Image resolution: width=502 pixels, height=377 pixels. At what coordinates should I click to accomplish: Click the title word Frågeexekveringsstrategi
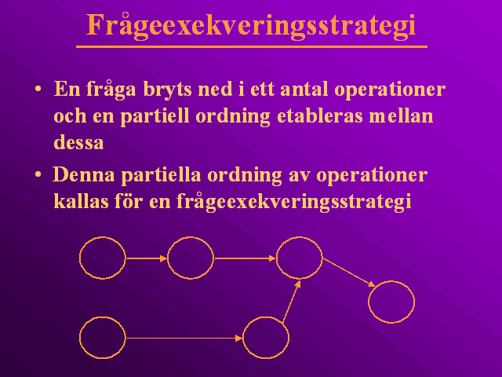(x=251, y=26)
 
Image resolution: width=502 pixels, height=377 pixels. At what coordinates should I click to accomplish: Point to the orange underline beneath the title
(x=252, y=47)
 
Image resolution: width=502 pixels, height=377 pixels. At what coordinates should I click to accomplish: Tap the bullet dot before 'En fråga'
(x=38, y=89)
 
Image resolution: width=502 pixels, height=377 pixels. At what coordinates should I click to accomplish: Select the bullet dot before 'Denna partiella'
(x=38, y=175)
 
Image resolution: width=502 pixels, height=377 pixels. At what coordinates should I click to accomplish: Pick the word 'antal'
(x=304, y=89)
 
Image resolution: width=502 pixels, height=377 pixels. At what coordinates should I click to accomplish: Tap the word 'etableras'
(x=319, y=115)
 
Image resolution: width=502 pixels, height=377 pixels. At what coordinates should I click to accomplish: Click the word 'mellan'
(x=401, y=115)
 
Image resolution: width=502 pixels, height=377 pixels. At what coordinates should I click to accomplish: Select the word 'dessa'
(x=78, y=143)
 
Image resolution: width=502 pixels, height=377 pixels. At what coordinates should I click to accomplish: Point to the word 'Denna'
(x=83, y=175)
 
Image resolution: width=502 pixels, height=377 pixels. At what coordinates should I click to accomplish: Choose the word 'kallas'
(x=81, y=202)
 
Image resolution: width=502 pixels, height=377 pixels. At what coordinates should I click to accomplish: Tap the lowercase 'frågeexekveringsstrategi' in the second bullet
(x=293, y=203)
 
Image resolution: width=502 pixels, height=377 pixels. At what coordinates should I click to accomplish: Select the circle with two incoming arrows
(x=300, y=237)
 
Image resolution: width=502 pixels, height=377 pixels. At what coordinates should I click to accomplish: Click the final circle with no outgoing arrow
(x=391, y=281)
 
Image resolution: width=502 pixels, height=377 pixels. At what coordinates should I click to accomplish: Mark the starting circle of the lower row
(x=103, y=317)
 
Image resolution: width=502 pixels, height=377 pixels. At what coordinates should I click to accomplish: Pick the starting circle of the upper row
(x=103, y=237)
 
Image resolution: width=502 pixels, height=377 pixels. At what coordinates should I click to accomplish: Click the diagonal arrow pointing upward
(x=291, y=302)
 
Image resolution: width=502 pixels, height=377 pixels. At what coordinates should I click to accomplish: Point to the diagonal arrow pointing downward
(x=348, y=273)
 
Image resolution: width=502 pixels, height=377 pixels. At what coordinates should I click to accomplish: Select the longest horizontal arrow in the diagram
(x=184, y=338)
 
